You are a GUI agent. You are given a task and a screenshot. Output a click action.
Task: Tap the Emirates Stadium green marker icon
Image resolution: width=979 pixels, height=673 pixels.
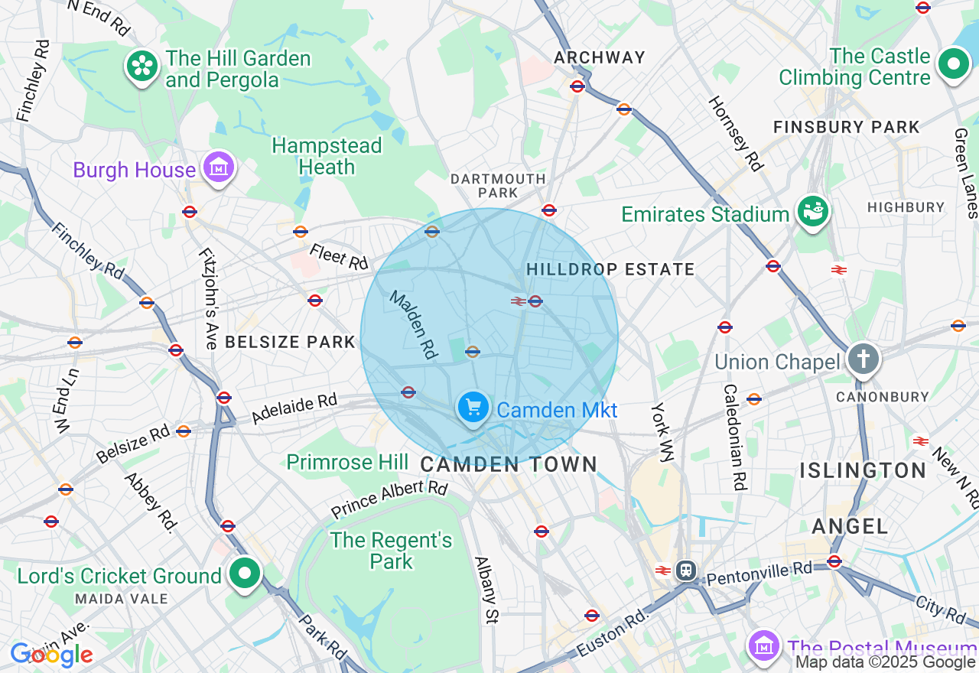[x=814, y=212]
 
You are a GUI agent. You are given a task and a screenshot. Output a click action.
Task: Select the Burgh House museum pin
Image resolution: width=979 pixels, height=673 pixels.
[x=219, y=167]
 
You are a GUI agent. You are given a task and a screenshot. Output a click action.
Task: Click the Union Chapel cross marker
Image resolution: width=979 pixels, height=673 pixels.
[x=863, y=359]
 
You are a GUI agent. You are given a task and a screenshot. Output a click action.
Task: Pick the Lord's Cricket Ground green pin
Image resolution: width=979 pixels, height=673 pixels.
[x=245, y=574]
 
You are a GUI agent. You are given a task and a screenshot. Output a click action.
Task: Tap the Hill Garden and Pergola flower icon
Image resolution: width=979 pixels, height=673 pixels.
[x=142, y=67]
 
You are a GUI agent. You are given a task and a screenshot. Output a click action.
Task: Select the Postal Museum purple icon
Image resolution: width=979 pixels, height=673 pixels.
[x=763, y=646]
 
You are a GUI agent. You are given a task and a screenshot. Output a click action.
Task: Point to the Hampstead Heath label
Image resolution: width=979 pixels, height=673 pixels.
[x=327, y=156]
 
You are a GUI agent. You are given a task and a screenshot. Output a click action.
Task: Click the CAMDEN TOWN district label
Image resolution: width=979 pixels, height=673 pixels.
[x=509, y=464]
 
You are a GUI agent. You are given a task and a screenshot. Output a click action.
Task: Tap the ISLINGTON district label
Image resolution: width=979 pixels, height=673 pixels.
[x=863, y=470]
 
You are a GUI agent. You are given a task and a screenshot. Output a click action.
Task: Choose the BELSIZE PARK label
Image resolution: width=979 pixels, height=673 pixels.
[x=290, y=342]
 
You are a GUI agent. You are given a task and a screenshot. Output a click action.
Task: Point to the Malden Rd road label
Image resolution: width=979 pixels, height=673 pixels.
[x=413, y=325]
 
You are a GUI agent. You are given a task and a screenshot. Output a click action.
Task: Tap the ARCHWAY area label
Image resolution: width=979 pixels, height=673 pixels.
[x=600, y=57]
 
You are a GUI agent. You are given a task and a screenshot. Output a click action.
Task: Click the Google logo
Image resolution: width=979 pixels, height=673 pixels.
[x=51, y=655]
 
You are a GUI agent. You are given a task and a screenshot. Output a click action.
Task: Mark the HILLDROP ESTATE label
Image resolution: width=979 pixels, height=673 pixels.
[x=610, y=269]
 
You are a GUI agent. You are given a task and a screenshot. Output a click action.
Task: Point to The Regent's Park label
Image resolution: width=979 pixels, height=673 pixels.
[x=391, y=551]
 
